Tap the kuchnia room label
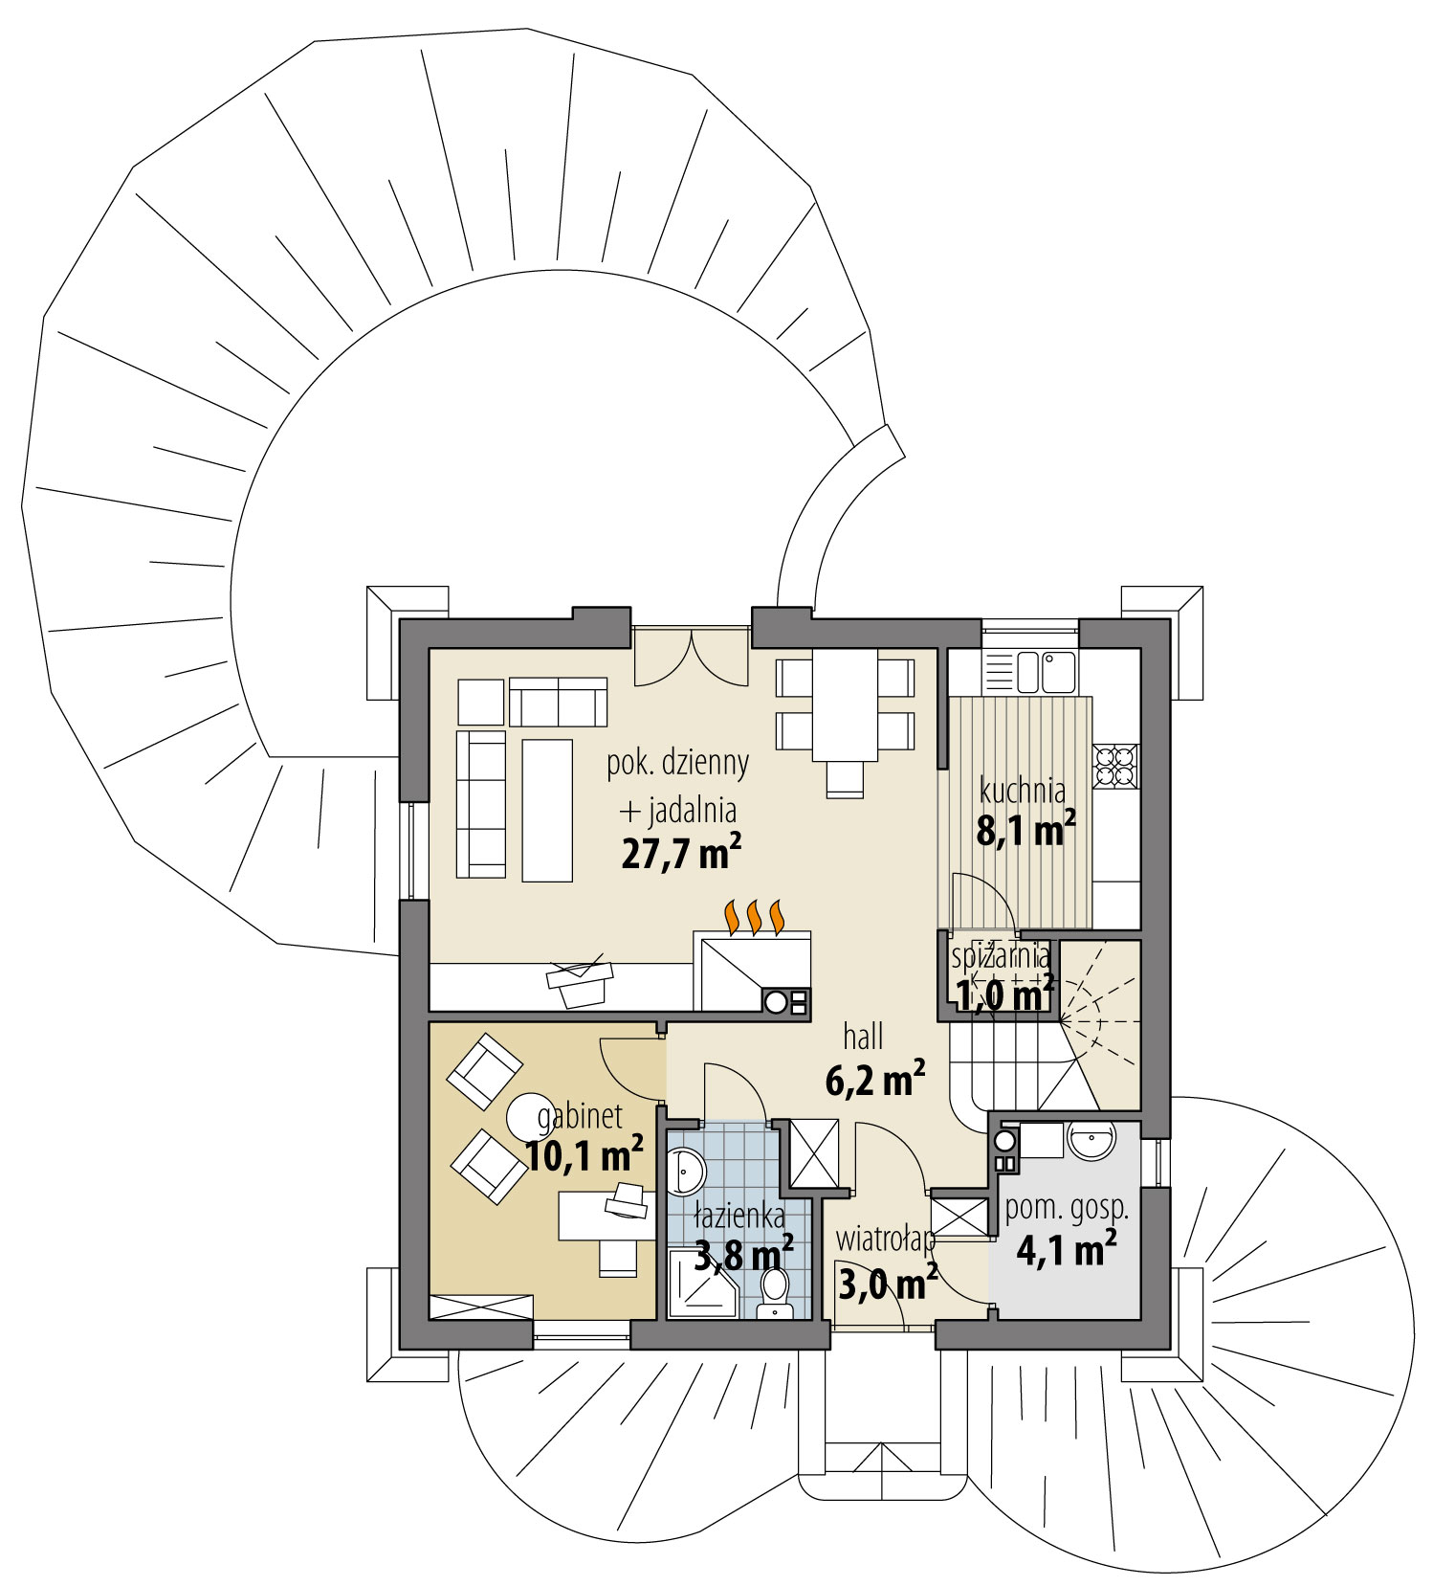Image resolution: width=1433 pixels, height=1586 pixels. click(1022, 791)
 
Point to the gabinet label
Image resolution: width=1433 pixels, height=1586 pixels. click(580, 1116)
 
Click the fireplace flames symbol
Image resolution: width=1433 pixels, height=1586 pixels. click(756, 916)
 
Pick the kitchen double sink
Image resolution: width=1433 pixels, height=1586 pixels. click(1047, 671)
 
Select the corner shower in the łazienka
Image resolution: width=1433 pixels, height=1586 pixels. click(701, 1282)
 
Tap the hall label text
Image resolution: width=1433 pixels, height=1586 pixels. click(863, 1037)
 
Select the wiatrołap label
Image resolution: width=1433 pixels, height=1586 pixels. click(885, 1240)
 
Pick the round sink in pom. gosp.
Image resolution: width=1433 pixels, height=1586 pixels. click(1091, 1141)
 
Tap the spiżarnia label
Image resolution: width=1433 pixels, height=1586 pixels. click(1001, 956)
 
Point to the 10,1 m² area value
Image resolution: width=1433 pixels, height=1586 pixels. click(584, 1155)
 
